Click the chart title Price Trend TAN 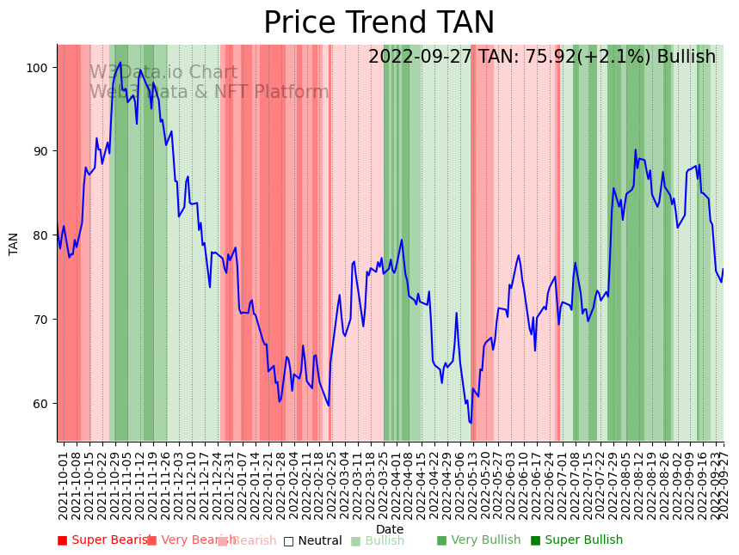tap(379, 23)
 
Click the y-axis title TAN tap(14, 243)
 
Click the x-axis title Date tap(390, 529)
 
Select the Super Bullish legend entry tap(576, 540)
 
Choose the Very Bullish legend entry tap(478, 540)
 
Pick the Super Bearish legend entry tap(105, 540)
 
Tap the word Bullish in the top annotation tap(686, 57)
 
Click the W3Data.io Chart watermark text tap(163, 73)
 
